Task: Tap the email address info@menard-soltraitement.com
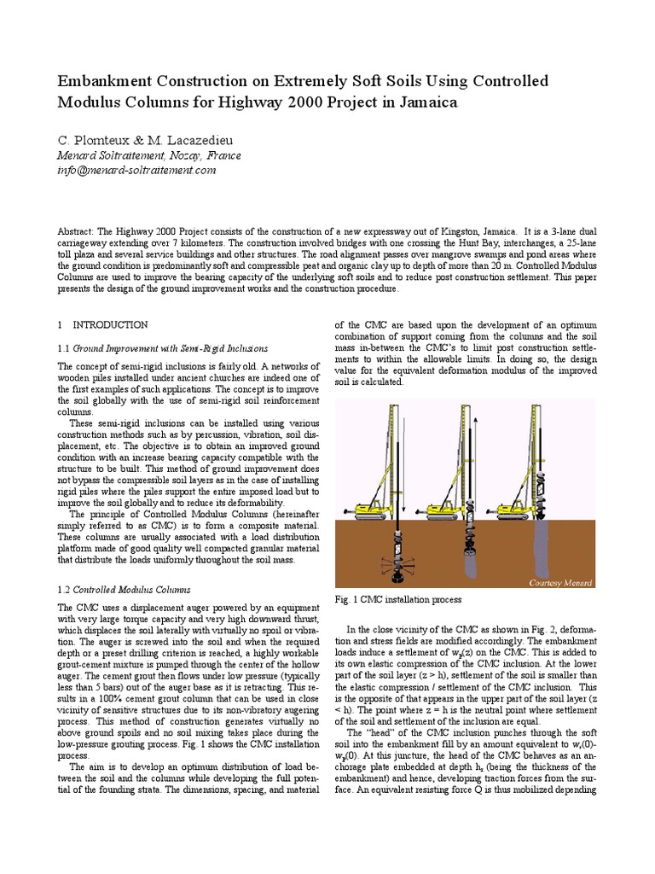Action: (136, 170)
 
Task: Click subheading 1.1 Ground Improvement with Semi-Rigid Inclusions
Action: (163, 348)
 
